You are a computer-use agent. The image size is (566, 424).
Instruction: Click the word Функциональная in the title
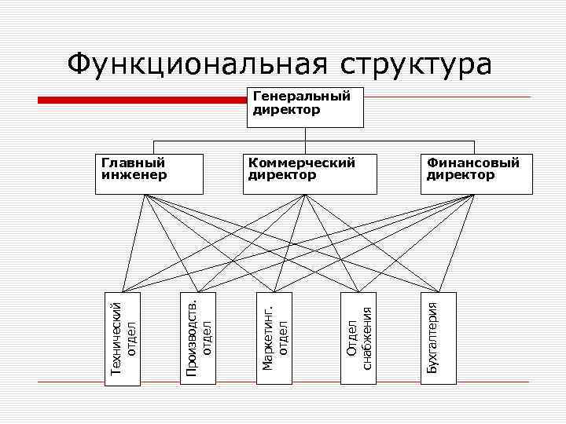[x=197, y=64]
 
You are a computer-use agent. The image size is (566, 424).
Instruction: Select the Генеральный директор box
[x=306, y=107]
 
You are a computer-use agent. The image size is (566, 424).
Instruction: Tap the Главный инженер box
[x=153, y=174]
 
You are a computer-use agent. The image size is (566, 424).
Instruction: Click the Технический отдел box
[x=124, y=338]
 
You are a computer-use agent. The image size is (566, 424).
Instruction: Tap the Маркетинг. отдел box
[x=276, y=338]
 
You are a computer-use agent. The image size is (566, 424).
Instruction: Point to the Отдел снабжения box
[x=358, y=338]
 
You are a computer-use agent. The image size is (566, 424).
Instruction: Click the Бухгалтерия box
[x=438, y=338]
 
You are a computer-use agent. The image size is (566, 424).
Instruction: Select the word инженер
[x=134, y=175]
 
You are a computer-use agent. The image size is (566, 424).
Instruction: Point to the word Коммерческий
[x=302, y=163]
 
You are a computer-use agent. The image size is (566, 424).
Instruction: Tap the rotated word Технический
[x=116, y=338]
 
